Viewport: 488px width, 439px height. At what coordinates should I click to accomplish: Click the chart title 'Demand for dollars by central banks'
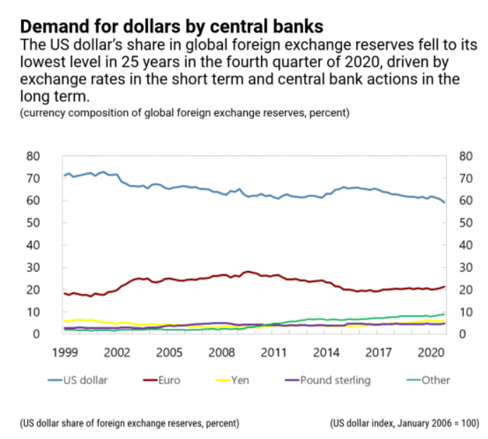tap(172, 27)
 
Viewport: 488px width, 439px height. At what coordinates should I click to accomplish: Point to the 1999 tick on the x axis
tap(63, 351)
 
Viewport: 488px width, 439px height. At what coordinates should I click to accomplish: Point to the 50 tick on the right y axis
tap(465, 223)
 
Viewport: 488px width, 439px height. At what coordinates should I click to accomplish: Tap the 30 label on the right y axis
tap(465, 267)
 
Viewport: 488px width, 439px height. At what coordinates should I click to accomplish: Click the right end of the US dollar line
tap(444, 203)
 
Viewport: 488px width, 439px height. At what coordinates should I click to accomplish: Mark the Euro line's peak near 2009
tap(246, 271)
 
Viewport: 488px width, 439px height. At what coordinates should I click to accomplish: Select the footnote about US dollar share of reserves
tap(130, 423)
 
